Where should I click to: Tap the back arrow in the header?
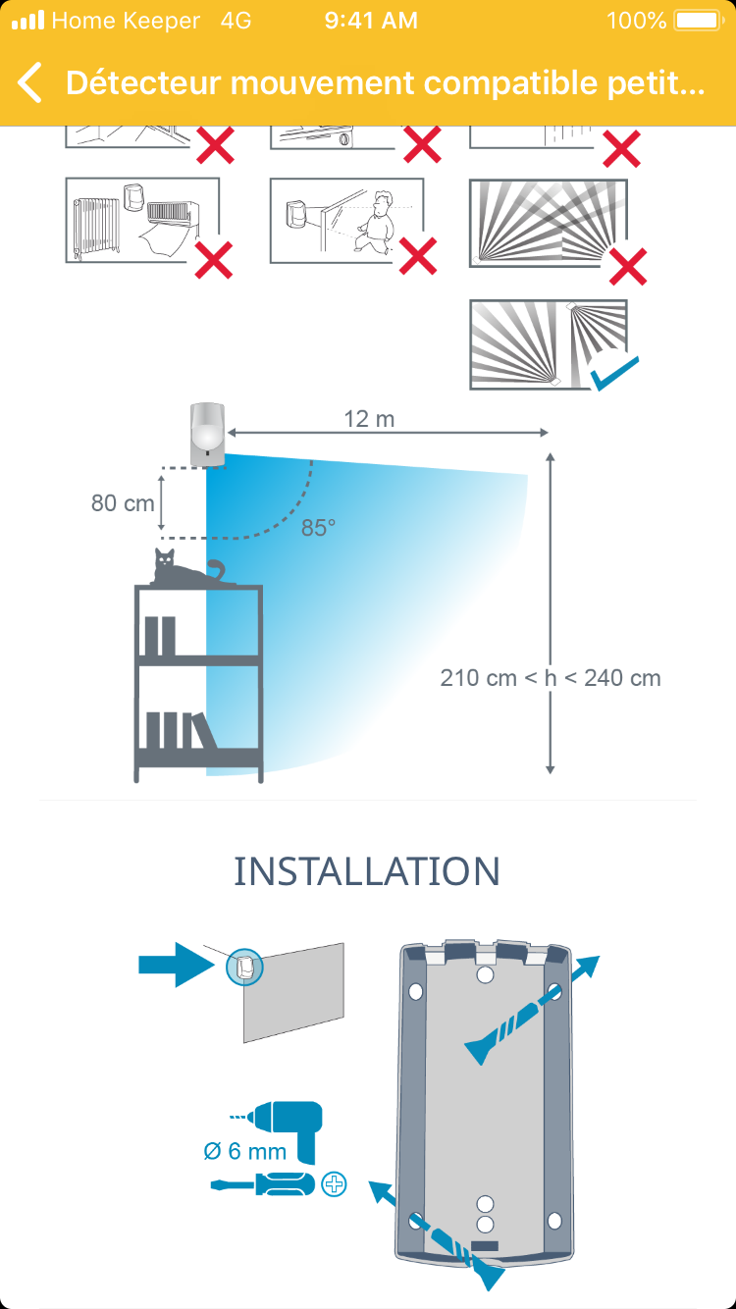coord(30,83)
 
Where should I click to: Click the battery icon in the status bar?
coord(698,21)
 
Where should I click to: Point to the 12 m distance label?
coord(369,419)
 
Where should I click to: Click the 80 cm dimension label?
coord(123,502)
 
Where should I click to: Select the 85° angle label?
coord(318,528)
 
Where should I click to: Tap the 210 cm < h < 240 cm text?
coord(551,677)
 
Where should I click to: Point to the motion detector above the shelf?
coord(207,432)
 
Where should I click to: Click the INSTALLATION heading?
coord(367,871)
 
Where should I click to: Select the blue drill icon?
coord(290,1123)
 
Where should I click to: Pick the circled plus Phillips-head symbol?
coord(335,1184)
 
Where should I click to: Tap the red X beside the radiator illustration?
coord(213,259)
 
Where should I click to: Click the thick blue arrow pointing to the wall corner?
coord(177,965)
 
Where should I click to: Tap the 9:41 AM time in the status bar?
coord(371,21)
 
